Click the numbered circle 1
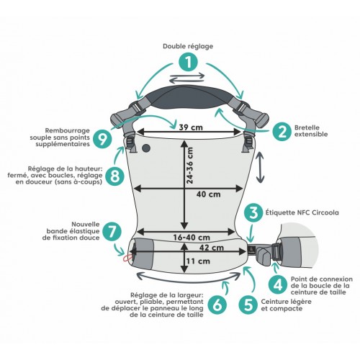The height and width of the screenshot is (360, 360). click(189, 63)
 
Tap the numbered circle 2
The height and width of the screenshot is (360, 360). click(282, 131)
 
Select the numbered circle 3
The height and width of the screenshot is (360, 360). click(253, 213)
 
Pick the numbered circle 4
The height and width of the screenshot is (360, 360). click(279, 285)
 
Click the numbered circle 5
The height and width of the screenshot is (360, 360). click(248, 305)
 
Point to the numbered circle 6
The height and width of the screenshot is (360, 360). click(217, 305)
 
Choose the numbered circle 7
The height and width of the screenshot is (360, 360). click(112, 231)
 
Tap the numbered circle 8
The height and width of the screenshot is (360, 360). click(114, 176)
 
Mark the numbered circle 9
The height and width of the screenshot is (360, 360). click(103, 138)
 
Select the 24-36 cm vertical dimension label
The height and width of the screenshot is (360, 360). click(189, 166)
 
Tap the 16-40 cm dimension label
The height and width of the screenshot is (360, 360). click(192, 238)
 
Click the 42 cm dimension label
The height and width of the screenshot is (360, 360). click(212, 248)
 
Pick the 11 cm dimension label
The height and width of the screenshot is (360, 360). click(198, 261)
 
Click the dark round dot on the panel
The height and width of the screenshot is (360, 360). click(146, 148)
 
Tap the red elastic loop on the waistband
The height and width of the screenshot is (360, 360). click(127, 258)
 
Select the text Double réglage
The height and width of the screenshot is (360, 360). click(188, 46)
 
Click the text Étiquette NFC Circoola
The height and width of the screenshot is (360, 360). click(302, 212)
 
